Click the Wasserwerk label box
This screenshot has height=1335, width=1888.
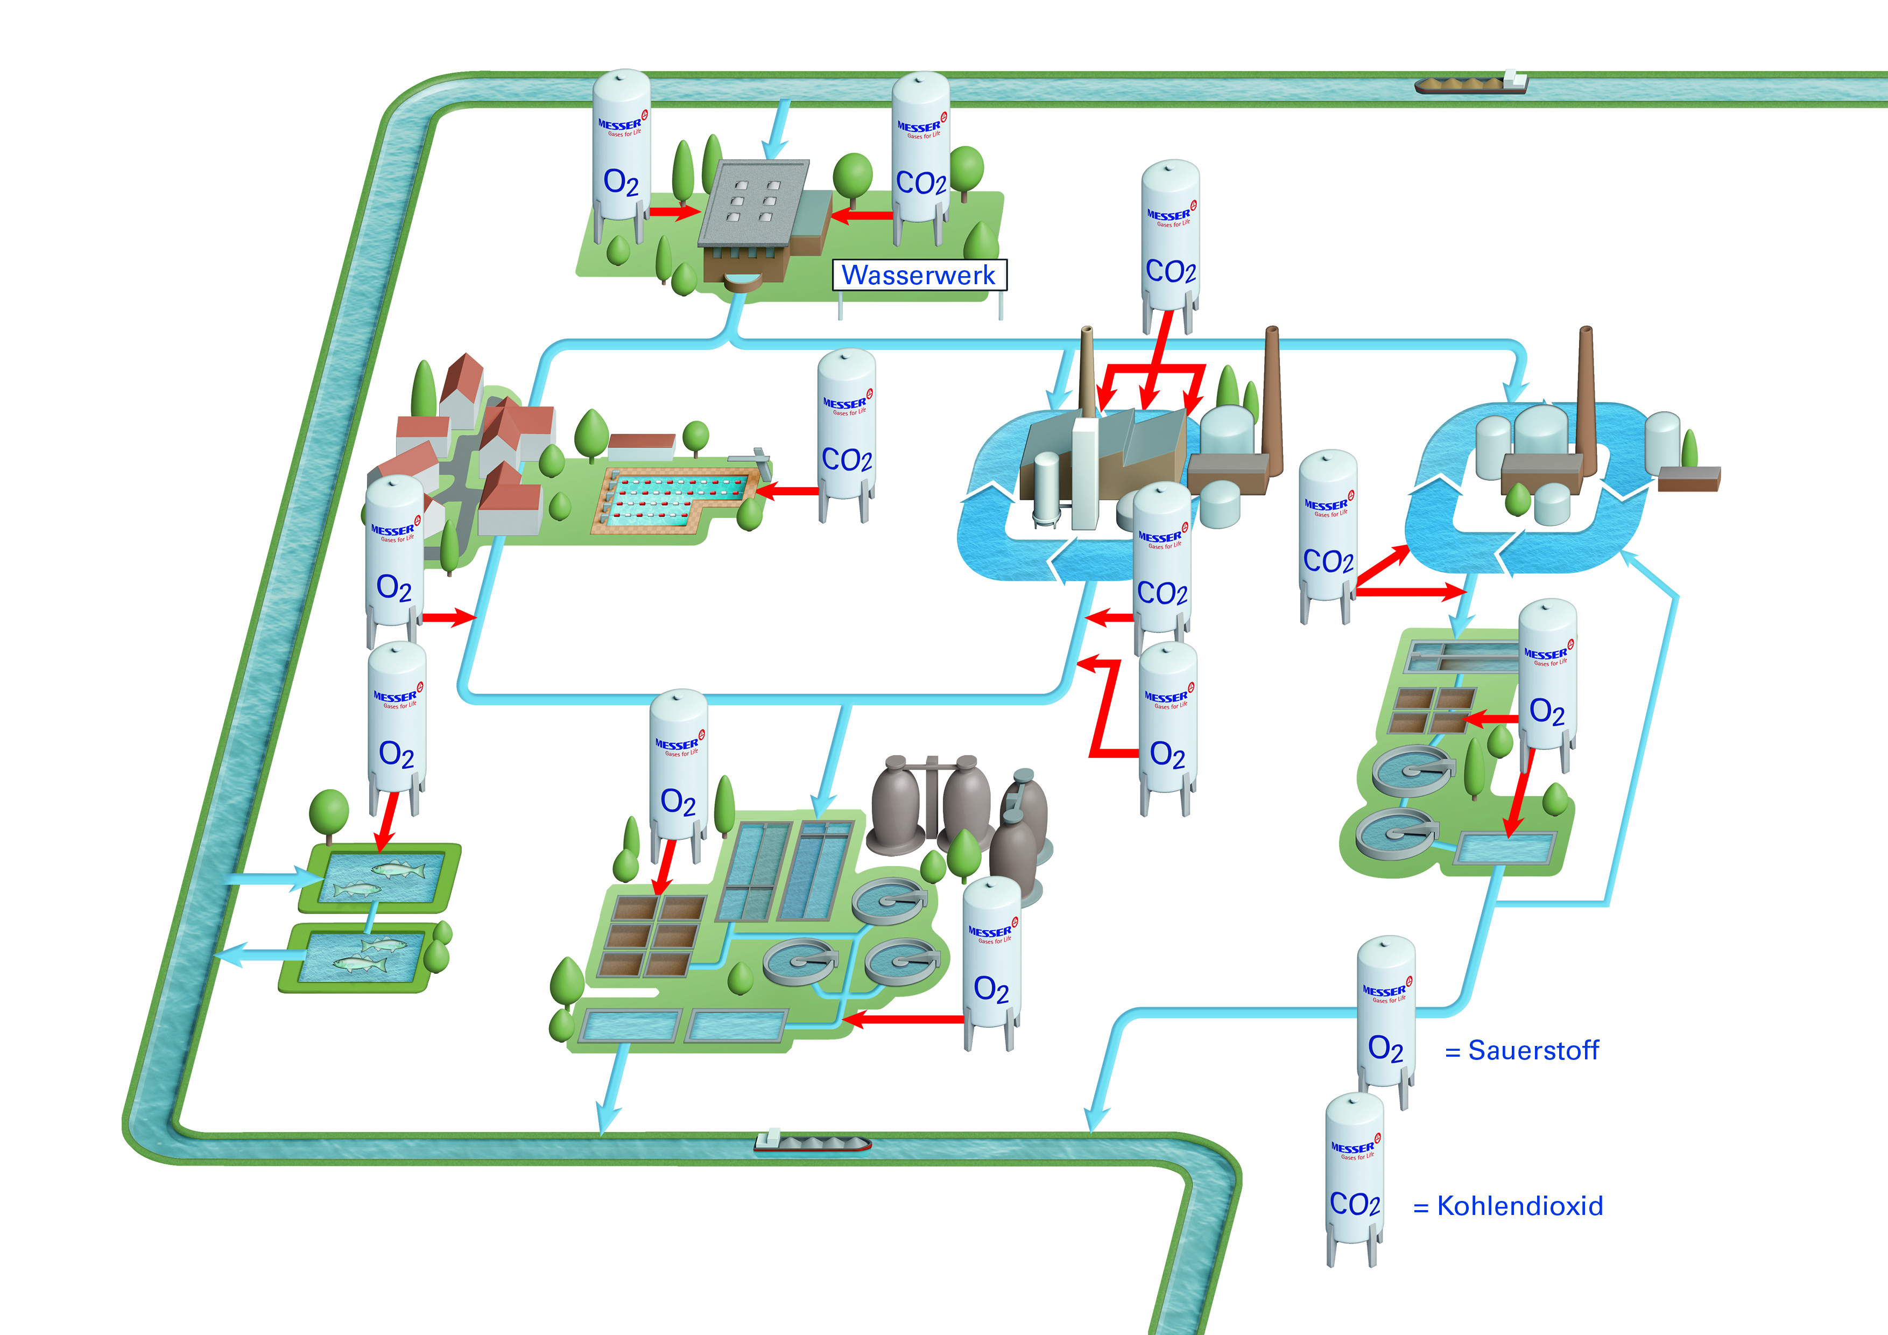tap(919, 275)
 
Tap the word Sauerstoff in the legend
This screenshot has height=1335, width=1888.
tap(1533, 1050)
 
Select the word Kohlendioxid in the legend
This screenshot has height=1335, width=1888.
tap(1520, 1206)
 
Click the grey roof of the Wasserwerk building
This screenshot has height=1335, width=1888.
tap(752, 201)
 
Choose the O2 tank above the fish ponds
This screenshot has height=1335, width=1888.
tap(396, 724)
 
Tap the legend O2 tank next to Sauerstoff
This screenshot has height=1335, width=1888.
tap(1385, 1020)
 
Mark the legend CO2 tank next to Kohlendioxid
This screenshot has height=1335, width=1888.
tap(1354, 1176)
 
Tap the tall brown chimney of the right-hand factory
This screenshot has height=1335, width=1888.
tap(1586, 395)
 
